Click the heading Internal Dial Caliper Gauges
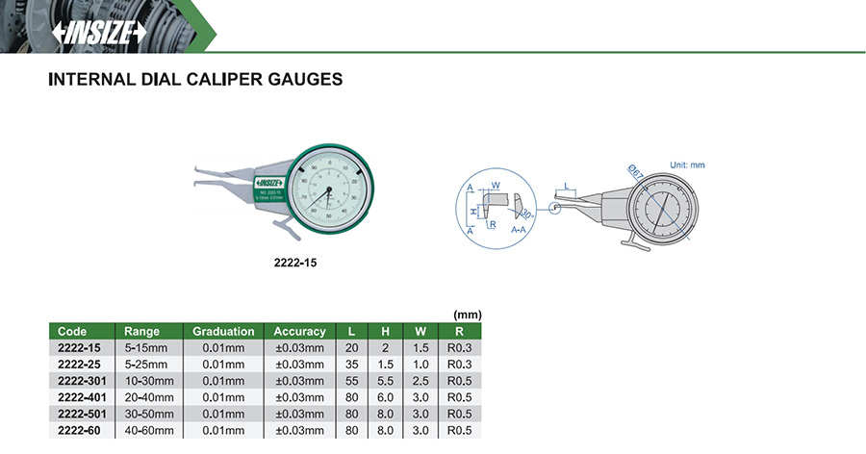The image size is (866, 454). pyautogui.click(x=195, y=81)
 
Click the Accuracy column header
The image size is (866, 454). pyautogui.click(x=299, y=331)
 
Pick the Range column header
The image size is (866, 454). pyautogui.click(x=142, y=331)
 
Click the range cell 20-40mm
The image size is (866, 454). pyautogui.click(x=149, y=397)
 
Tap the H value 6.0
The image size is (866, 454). pyautogui.click(x=385, y=397)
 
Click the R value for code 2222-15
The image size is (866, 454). pyautogui.click(x=458, y=347)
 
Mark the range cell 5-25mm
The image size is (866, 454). pyautogui.click(x=146, y=365)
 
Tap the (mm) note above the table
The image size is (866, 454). pyautogui.click(x=467, y=315)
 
